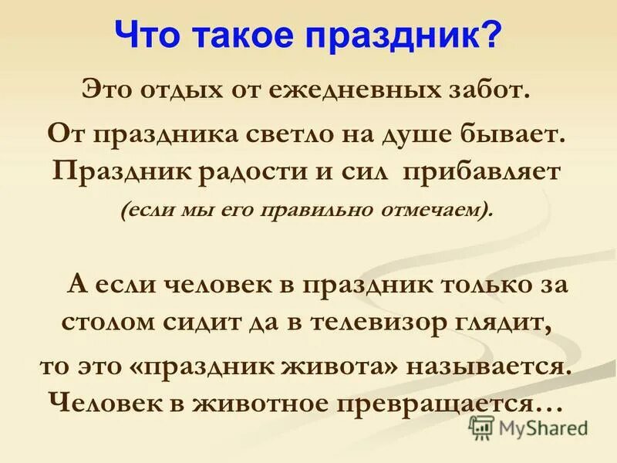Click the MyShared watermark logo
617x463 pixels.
tap(528, 428)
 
